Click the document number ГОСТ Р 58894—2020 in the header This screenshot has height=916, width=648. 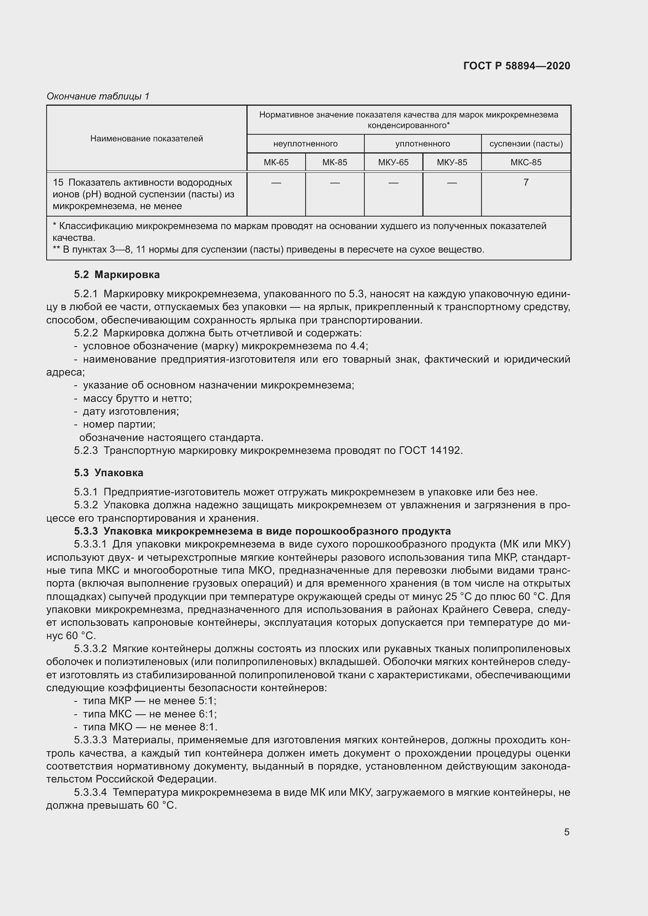(x=516, y=66)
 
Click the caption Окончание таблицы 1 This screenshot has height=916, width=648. (x=98, y=96)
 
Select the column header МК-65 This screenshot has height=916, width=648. (x=276, y=163)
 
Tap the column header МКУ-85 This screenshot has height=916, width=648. (x=452, y=163)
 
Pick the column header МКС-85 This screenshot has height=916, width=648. (x=525, y=163)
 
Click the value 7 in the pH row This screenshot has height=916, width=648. (x=525, y=182)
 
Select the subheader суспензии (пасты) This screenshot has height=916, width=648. (x=525, y=144)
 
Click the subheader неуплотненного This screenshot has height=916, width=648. (x=305, y=144)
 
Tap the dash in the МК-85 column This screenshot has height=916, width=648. (x=335, y=183)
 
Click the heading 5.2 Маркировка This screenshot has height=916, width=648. (x=116, y=275)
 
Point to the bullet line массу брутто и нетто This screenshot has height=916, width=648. (x=137, y=399)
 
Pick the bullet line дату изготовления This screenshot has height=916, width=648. (x=130, y=411)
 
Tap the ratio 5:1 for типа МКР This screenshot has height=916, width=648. (x=207, y=701)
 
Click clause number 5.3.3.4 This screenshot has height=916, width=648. (x=90, y=792)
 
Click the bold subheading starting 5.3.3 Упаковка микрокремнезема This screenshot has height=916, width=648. (x=262, y=531)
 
